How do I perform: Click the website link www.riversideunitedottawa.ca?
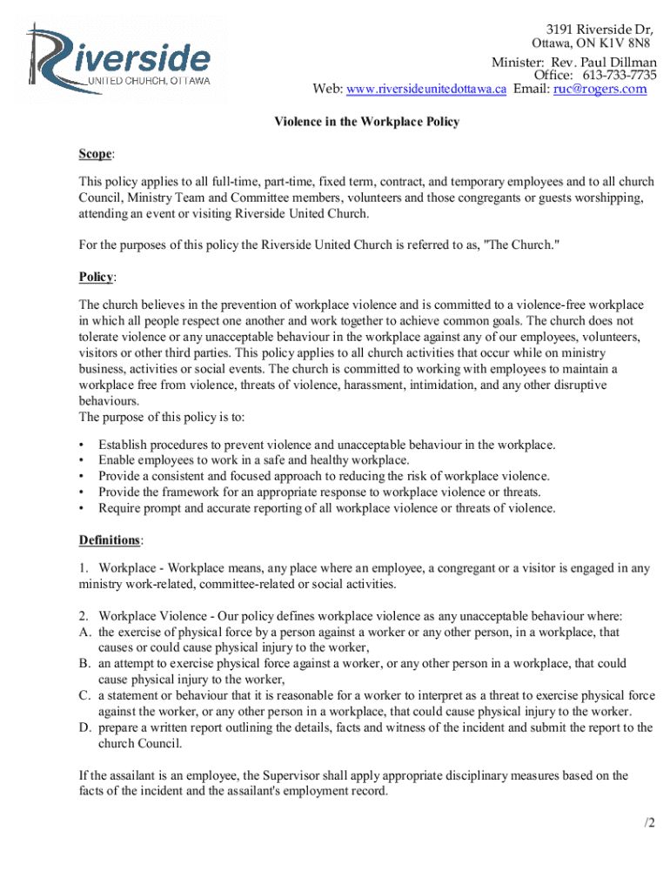[x=425, y=90]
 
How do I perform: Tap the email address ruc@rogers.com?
[x=600, y=89]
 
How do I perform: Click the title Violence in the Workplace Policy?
[x=367, y=122]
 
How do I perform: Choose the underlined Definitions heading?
[x=109, y=540]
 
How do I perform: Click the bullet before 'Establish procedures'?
[x=82, y=445]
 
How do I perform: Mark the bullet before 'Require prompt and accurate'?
[x=82, y=508]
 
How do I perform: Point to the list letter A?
[x=84, y=633]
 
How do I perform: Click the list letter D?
[x=84, y=727]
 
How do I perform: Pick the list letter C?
[x=84, y=696]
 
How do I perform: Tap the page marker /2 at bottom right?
[x=648, y=823]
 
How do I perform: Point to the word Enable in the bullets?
[x=117, y=460]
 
